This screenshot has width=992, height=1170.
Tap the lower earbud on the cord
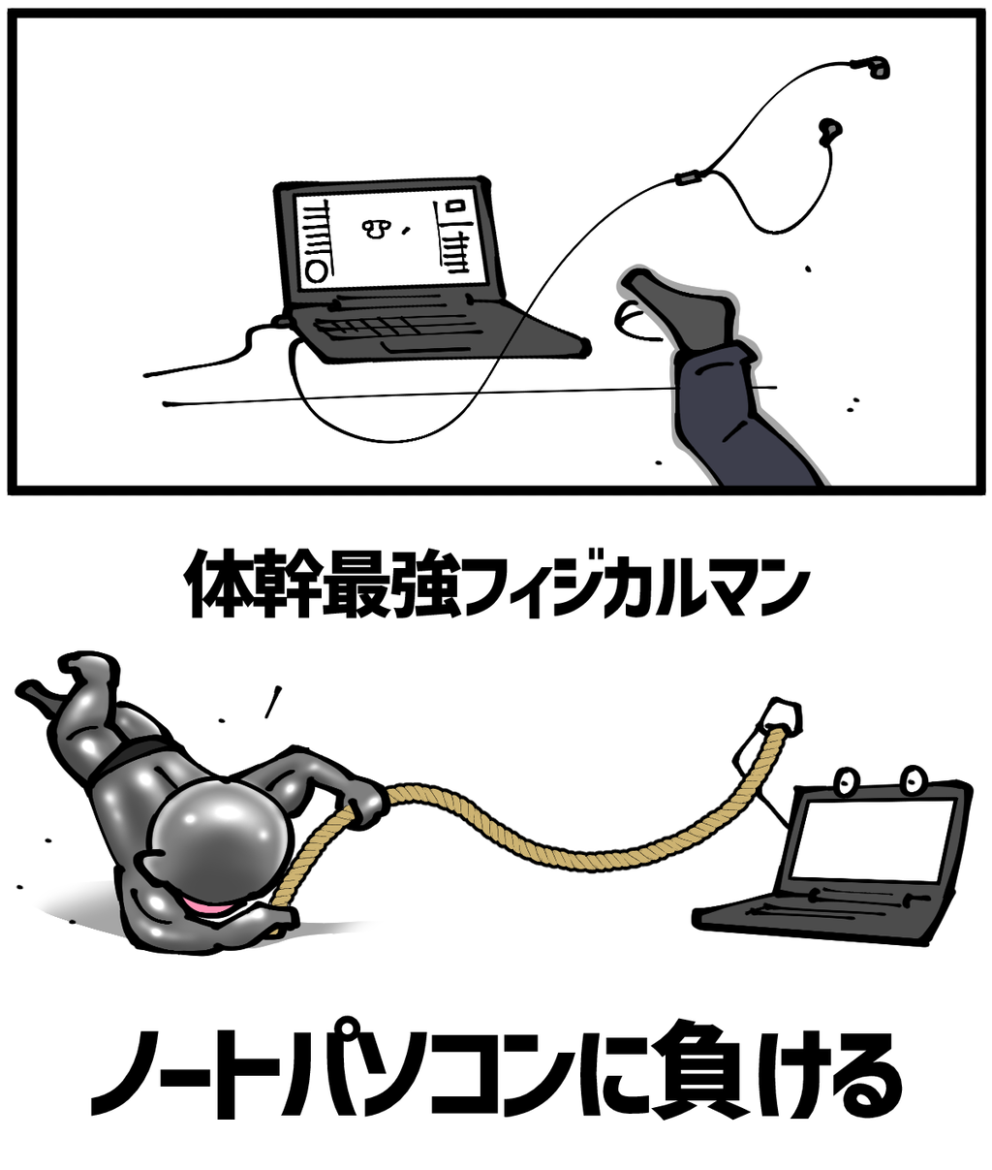pyautogui.click(x=829, y=130)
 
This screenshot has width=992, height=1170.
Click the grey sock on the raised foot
pyautogui.click(x=687, y=310)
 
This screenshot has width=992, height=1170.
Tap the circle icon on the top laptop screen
pyautogui.click(x=316, y=270)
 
